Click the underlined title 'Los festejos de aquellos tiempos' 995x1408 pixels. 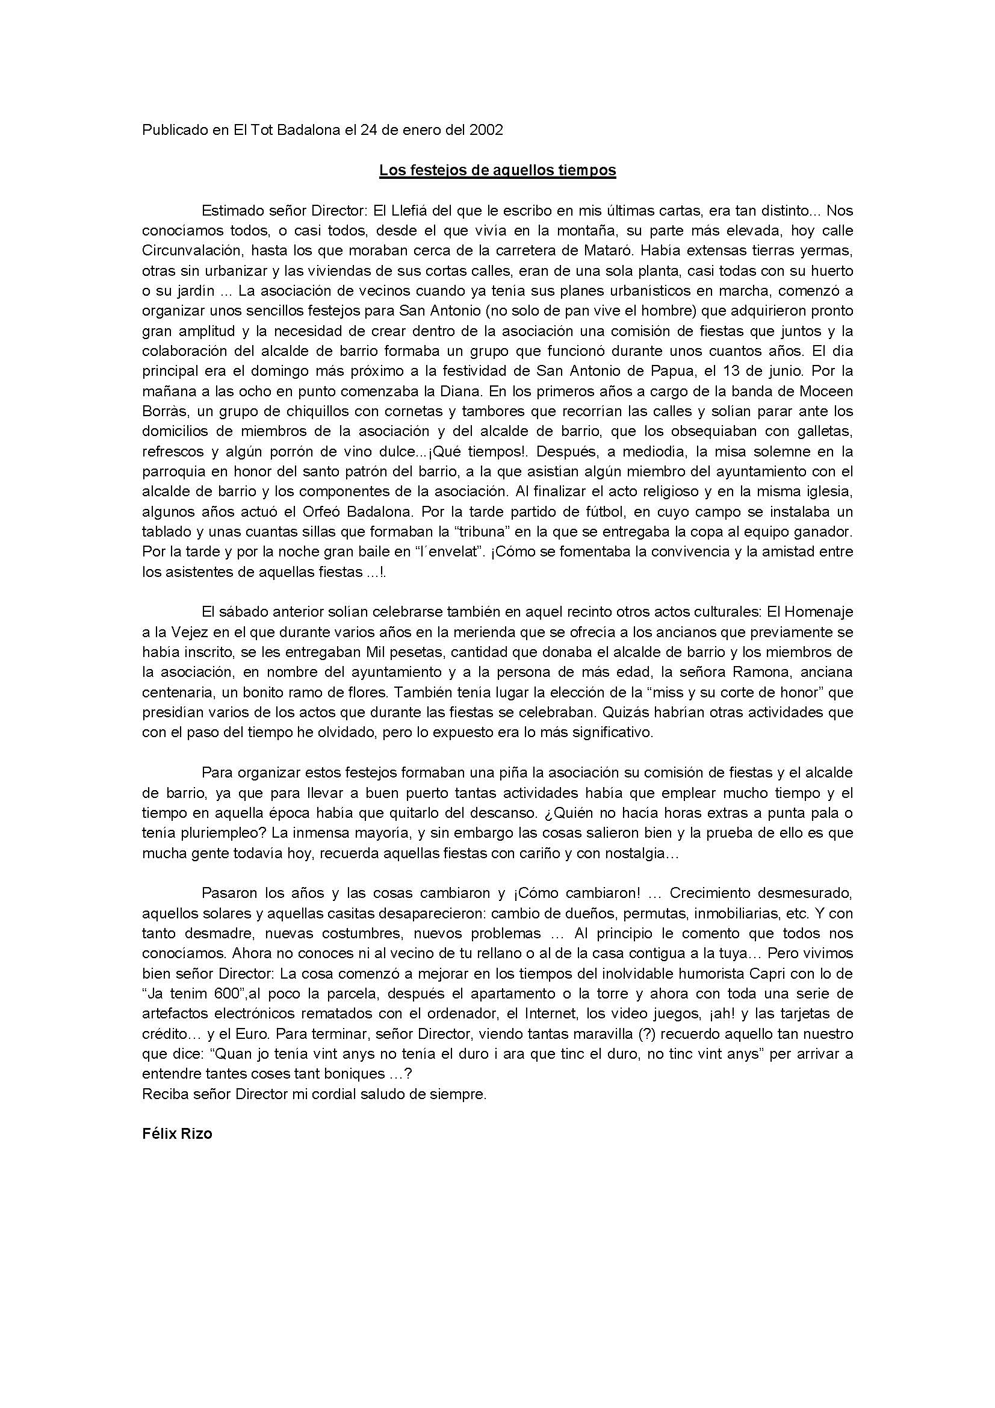(497, 170)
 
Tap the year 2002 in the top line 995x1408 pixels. (486, 130)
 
